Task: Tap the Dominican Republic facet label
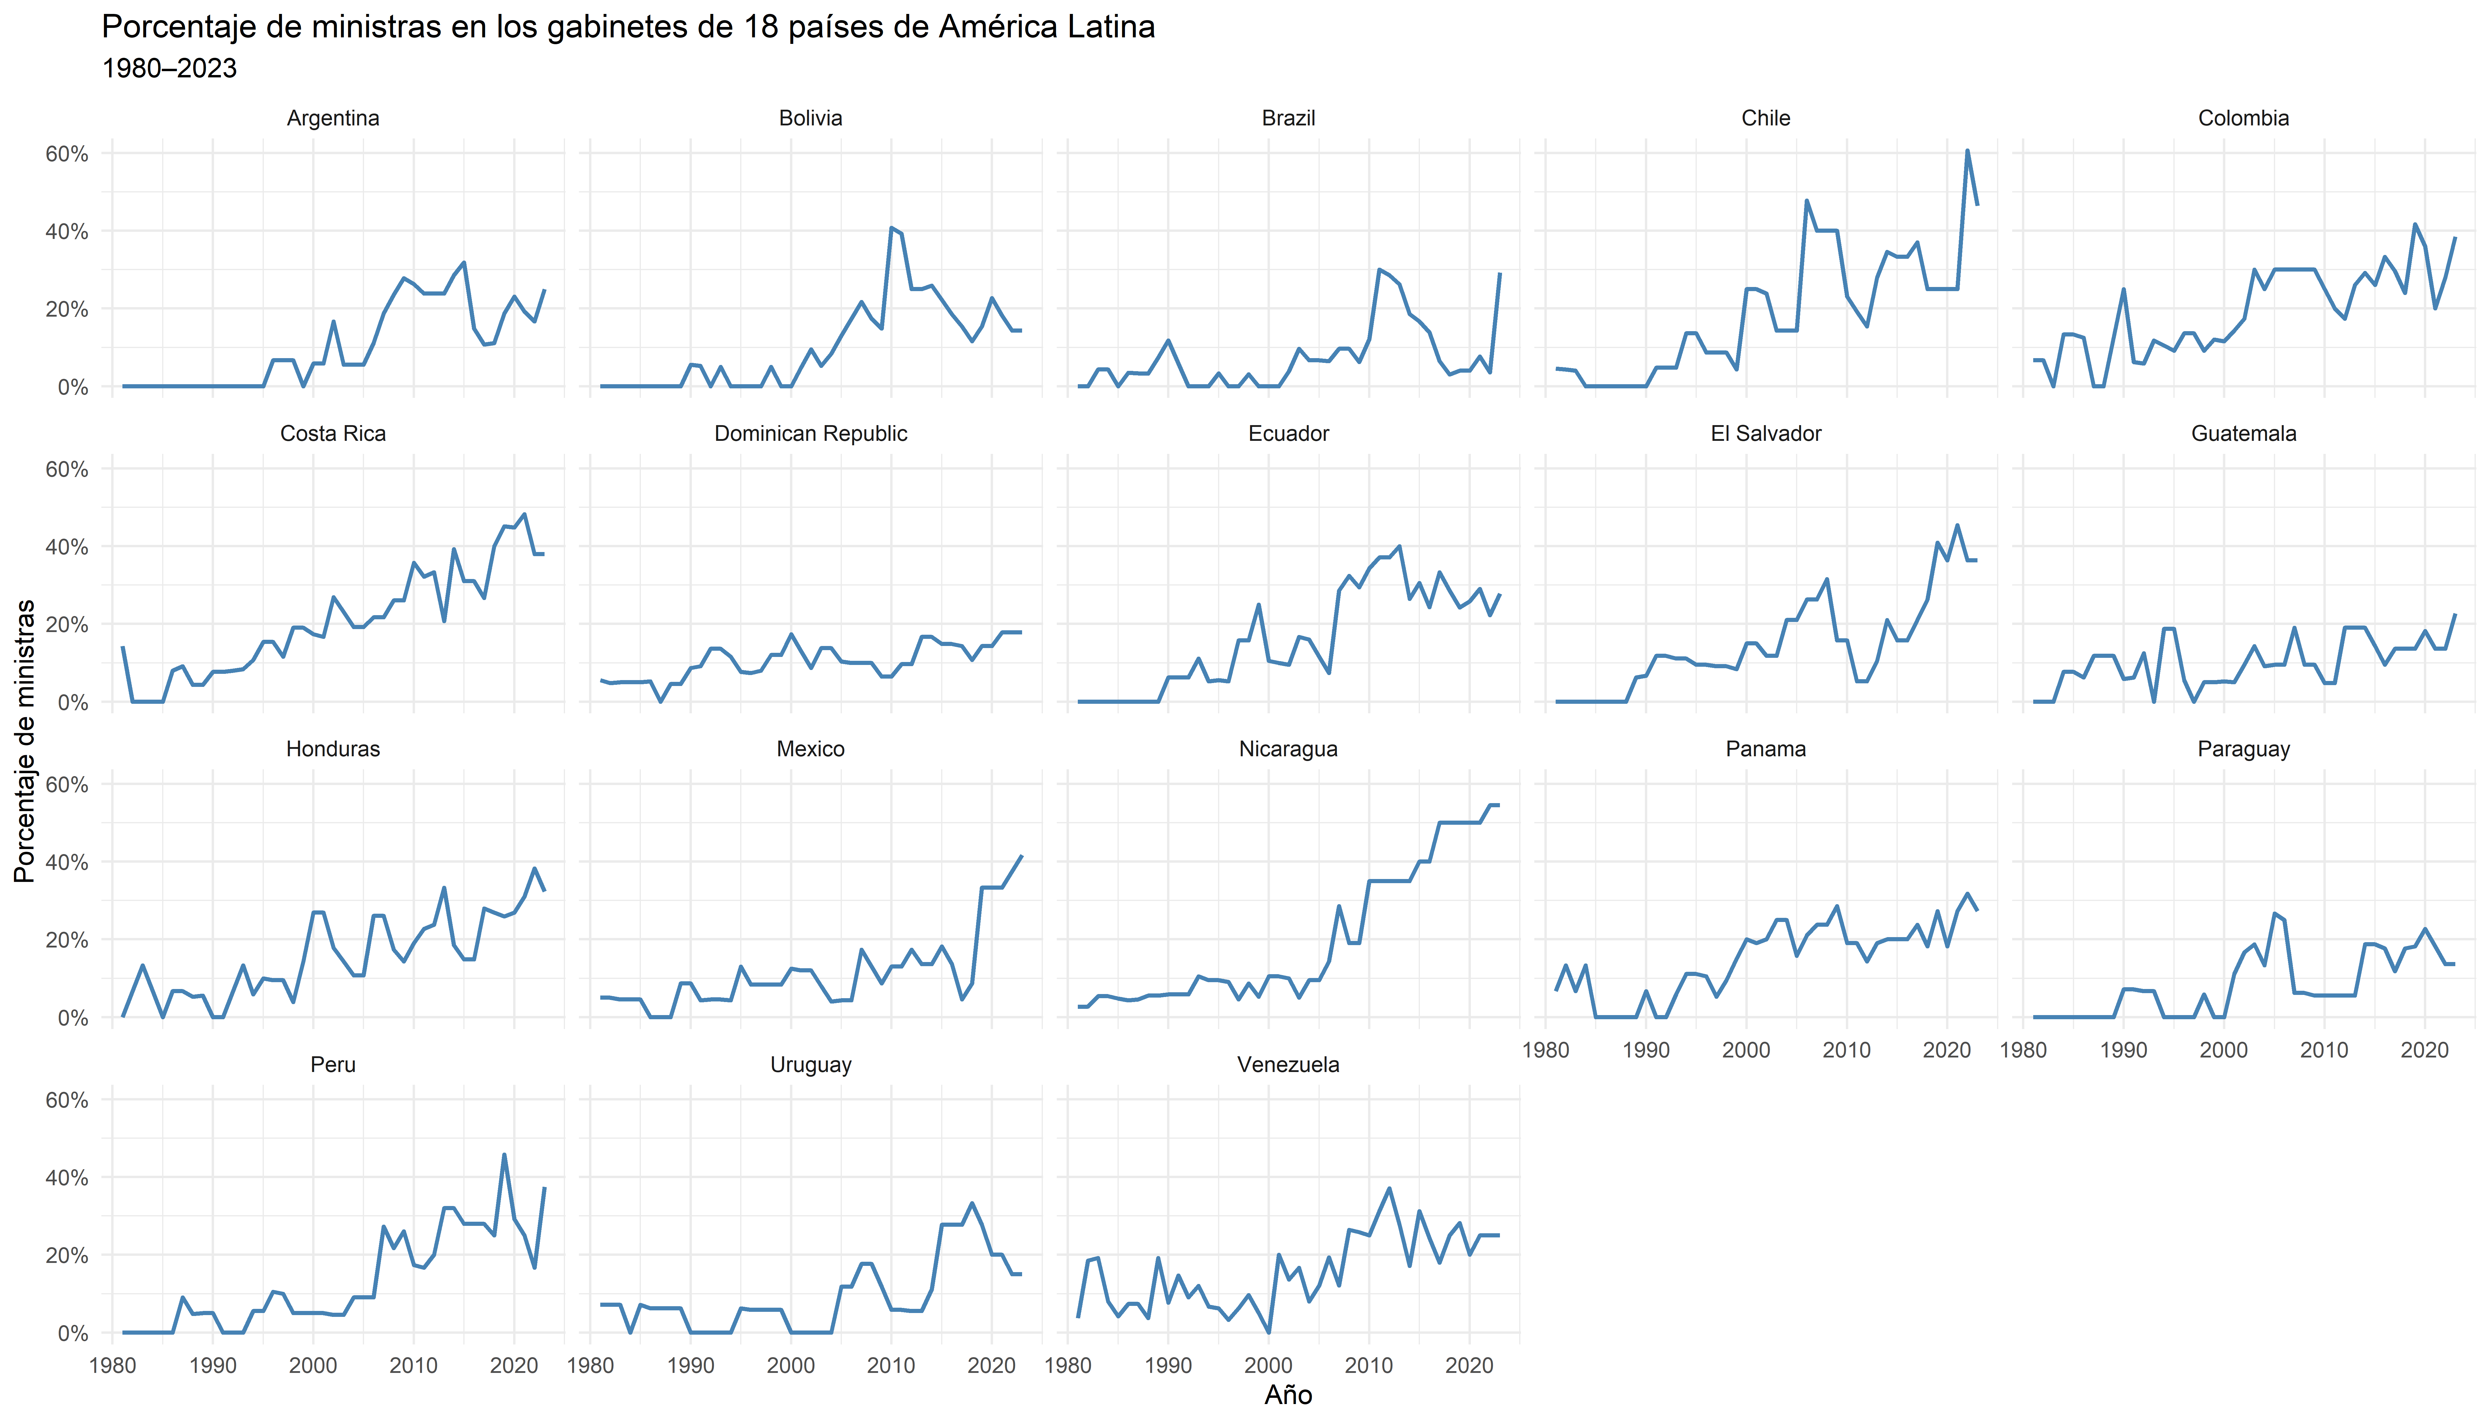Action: point(810,434)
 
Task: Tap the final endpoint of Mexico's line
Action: point(1021,856)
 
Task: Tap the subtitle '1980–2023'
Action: point(169,68)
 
